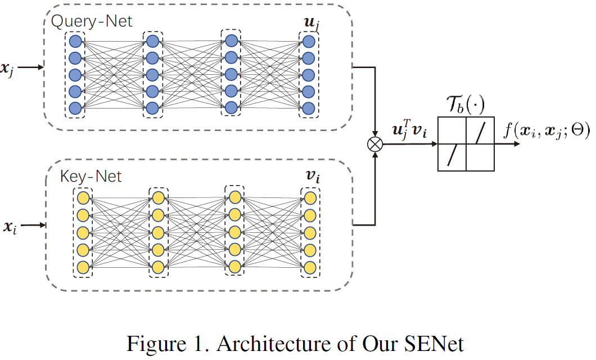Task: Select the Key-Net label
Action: [91, 176]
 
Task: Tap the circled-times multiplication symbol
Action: [374, 145]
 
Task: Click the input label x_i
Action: [9, 227]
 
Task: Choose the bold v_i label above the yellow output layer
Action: [310, 176]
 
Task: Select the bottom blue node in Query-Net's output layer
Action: [309, 107]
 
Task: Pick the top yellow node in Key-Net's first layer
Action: [83, 198]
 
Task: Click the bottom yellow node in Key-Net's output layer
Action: [310, 266]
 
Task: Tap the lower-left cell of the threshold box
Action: [452, 157]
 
